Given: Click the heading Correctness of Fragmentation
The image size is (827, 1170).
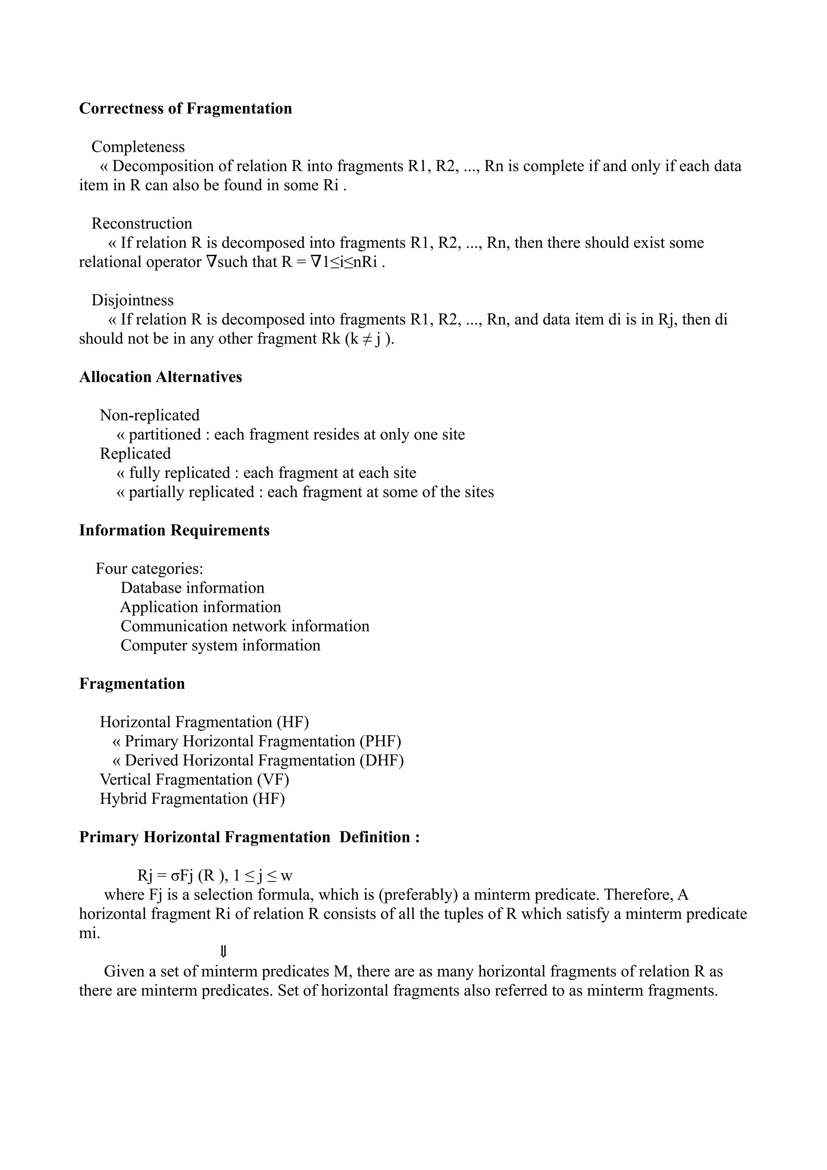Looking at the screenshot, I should coord(185,109).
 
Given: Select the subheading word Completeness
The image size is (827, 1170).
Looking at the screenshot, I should coord(138,147).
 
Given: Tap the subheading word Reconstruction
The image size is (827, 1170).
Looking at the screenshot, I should coord(142,223).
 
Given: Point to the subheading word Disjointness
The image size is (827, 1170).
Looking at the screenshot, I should coord(132,300).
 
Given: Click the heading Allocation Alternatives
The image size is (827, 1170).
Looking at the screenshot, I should coord(160,377).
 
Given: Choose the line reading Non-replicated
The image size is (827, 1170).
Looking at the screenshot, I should coord(150,415).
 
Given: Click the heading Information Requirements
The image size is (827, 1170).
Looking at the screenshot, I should coord(174,530).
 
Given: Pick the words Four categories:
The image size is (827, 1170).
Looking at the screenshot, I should coord(149,569).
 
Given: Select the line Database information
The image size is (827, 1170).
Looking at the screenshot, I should coord(193,588).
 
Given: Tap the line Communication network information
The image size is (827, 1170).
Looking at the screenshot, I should coord(245,626).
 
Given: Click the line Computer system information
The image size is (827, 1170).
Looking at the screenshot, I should coord(220,646).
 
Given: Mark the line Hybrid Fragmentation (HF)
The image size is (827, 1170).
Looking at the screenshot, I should coord(192,799).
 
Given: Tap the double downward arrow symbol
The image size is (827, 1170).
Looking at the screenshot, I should coord(223,952).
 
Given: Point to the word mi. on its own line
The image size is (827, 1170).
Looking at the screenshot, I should coord(90,933).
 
